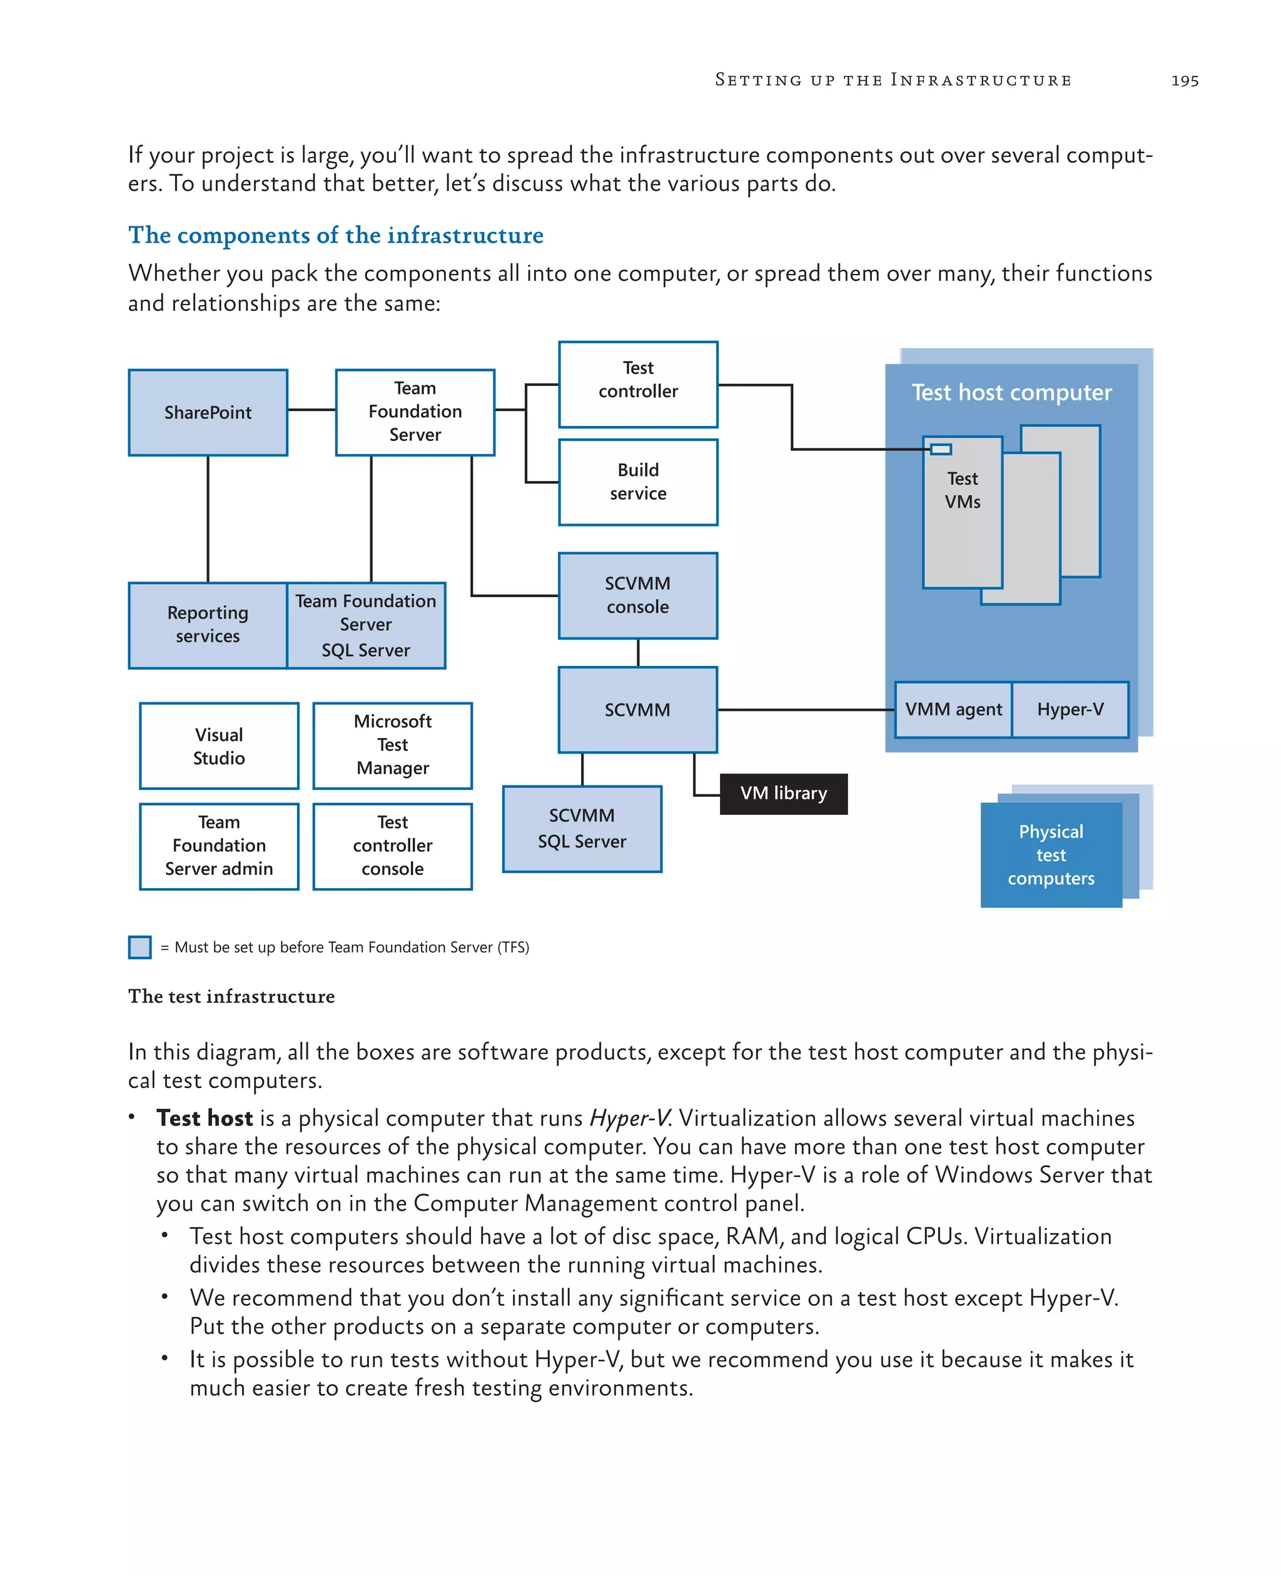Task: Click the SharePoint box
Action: click(x=208, y=412)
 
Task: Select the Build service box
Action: click(x=637, y=482)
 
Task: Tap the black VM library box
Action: click(x=783, y=793)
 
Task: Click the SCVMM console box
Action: click(x=637, y=595)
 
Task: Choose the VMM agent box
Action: click(x=953, y=709)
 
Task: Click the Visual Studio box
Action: click(x=218, y=746)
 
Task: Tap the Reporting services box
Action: click(x=208, y=625)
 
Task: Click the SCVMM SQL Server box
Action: click(x=582, y=829)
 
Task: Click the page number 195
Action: click(x=1184, y=81)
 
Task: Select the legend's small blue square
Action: click(x=139, y=947)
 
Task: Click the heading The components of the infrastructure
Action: click(x=336, y=235)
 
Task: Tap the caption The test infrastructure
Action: click(x=231, y=996)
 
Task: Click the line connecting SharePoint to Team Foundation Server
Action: click(x=311, y=410)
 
